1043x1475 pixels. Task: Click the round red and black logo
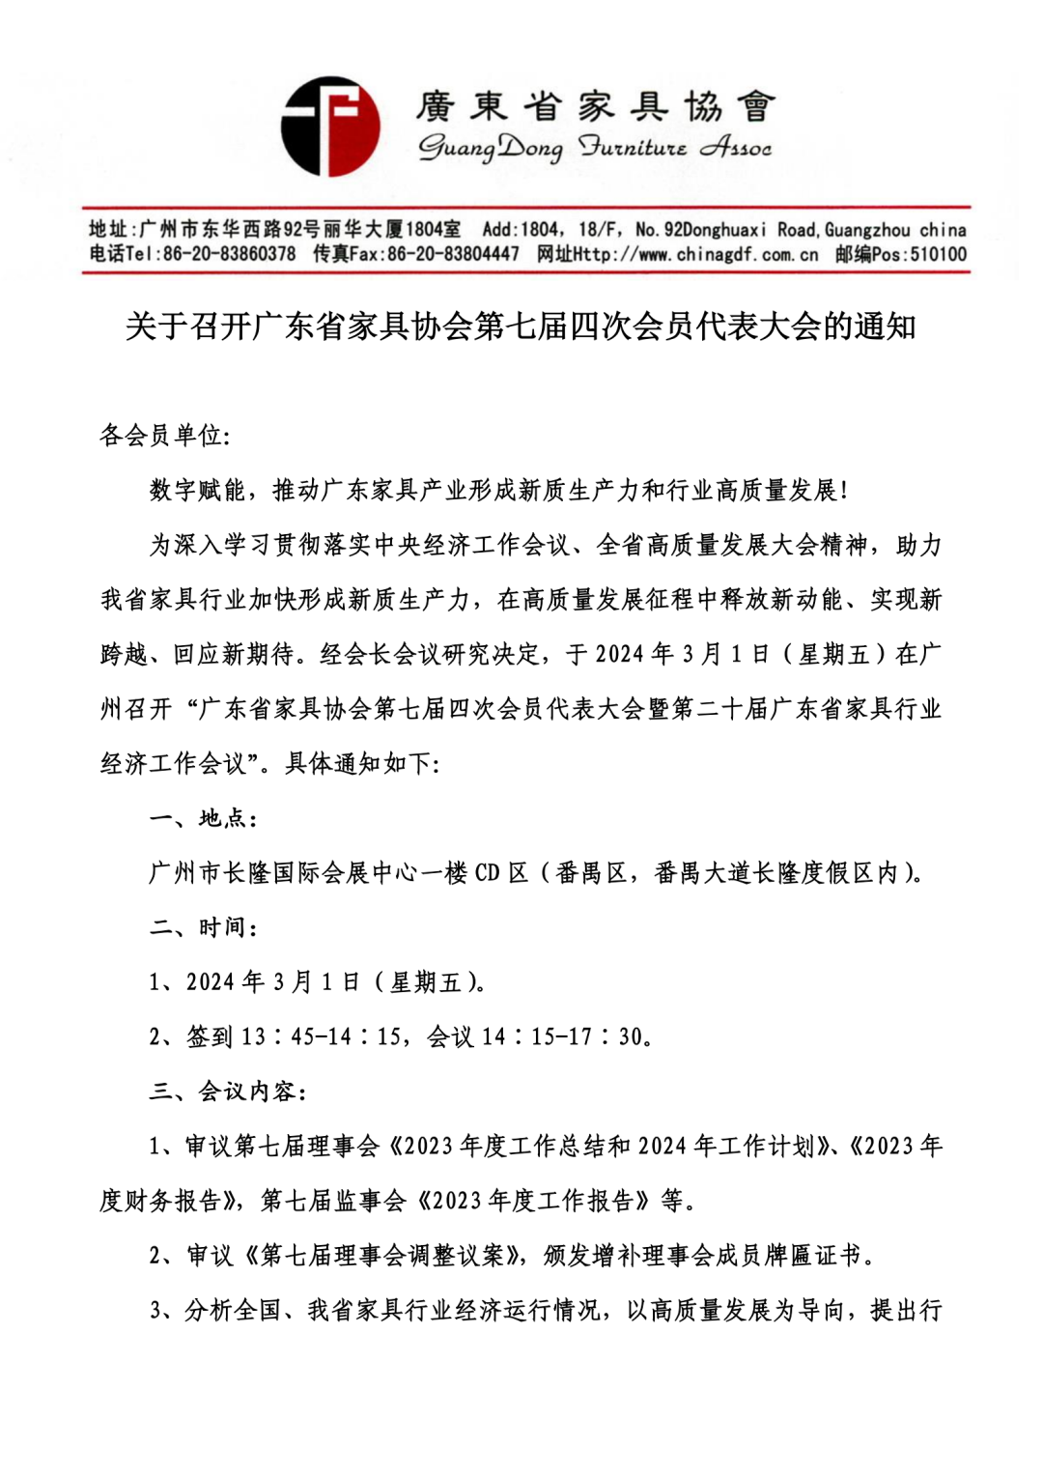coord(330,127)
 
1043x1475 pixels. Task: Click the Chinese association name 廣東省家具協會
coord(596,106)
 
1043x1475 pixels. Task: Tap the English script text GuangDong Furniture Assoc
coord(594,148)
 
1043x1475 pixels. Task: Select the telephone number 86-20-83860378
coord(229,254)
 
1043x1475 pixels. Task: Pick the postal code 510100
coord(938,254)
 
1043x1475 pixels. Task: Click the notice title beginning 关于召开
coord(521,326)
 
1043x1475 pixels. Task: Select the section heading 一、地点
coord(202,818)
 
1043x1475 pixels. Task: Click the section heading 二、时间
coord(202,927)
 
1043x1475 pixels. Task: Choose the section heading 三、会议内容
coord(227,1092)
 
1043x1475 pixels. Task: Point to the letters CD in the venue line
coord(487,873)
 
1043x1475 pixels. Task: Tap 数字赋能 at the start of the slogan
coord(197,491)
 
